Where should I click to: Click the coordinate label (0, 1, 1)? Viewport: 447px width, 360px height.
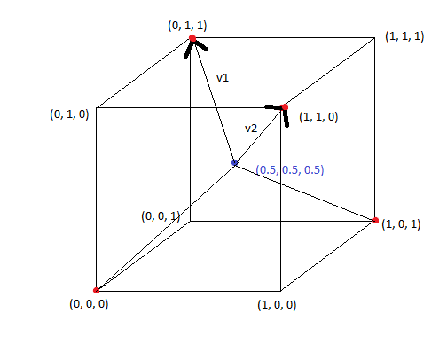[x=187, y=26]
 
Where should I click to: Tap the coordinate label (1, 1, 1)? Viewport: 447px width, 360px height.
[x=404, y=36]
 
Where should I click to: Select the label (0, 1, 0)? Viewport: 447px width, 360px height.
[x=69, y=114]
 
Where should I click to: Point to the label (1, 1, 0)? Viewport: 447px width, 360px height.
[x=318, y=117]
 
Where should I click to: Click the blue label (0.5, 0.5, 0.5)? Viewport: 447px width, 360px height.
[x=290, y=170]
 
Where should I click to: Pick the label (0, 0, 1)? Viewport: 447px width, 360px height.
[x=161, y=216]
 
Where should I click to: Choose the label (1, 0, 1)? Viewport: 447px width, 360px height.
[x=401, y=224]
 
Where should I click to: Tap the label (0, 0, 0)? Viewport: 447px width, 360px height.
[x=89, y=304]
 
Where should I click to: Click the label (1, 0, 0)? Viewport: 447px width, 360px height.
[x=277, y=305]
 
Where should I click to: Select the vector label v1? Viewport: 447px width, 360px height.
[x=223, y=78]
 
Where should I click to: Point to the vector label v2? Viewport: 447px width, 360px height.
[x=251, y=129]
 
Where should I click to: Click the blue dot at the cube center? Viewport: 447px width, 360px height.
[x=235, y=162]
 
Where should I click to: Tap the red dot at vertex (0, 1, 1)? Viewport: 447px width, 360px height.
[x=192, y=38]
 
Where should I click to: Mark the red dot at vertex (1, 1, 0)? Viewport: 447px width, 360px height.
[x=285, y=107]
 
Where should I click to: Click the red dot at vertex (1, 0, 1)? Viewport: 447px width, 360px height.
[x=375, y=221]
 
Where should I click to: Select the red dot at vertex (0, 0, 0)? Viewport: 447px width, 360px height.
[x=96, y=290]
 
